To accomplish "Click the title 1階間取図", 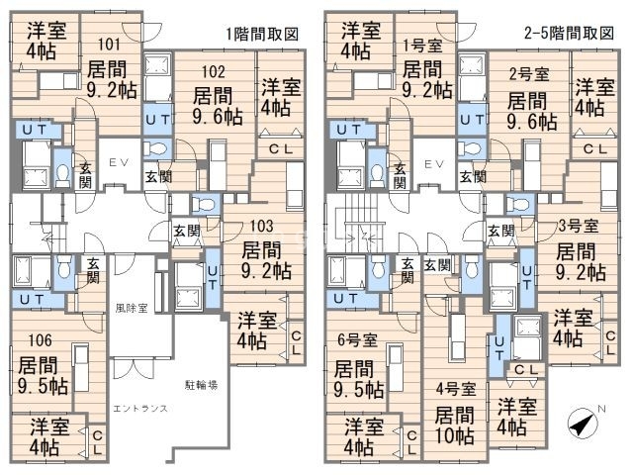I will (261, 34).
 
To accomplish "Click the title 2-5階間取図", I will (569, 34).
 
